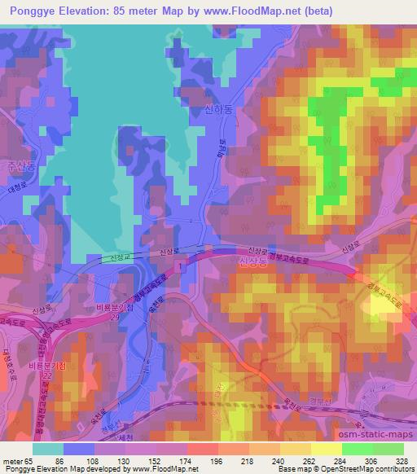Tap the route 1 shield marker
pyautogui.click(x=185, y=266)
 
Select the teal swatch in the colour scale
pyautogui.click(x=48, y=448)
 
